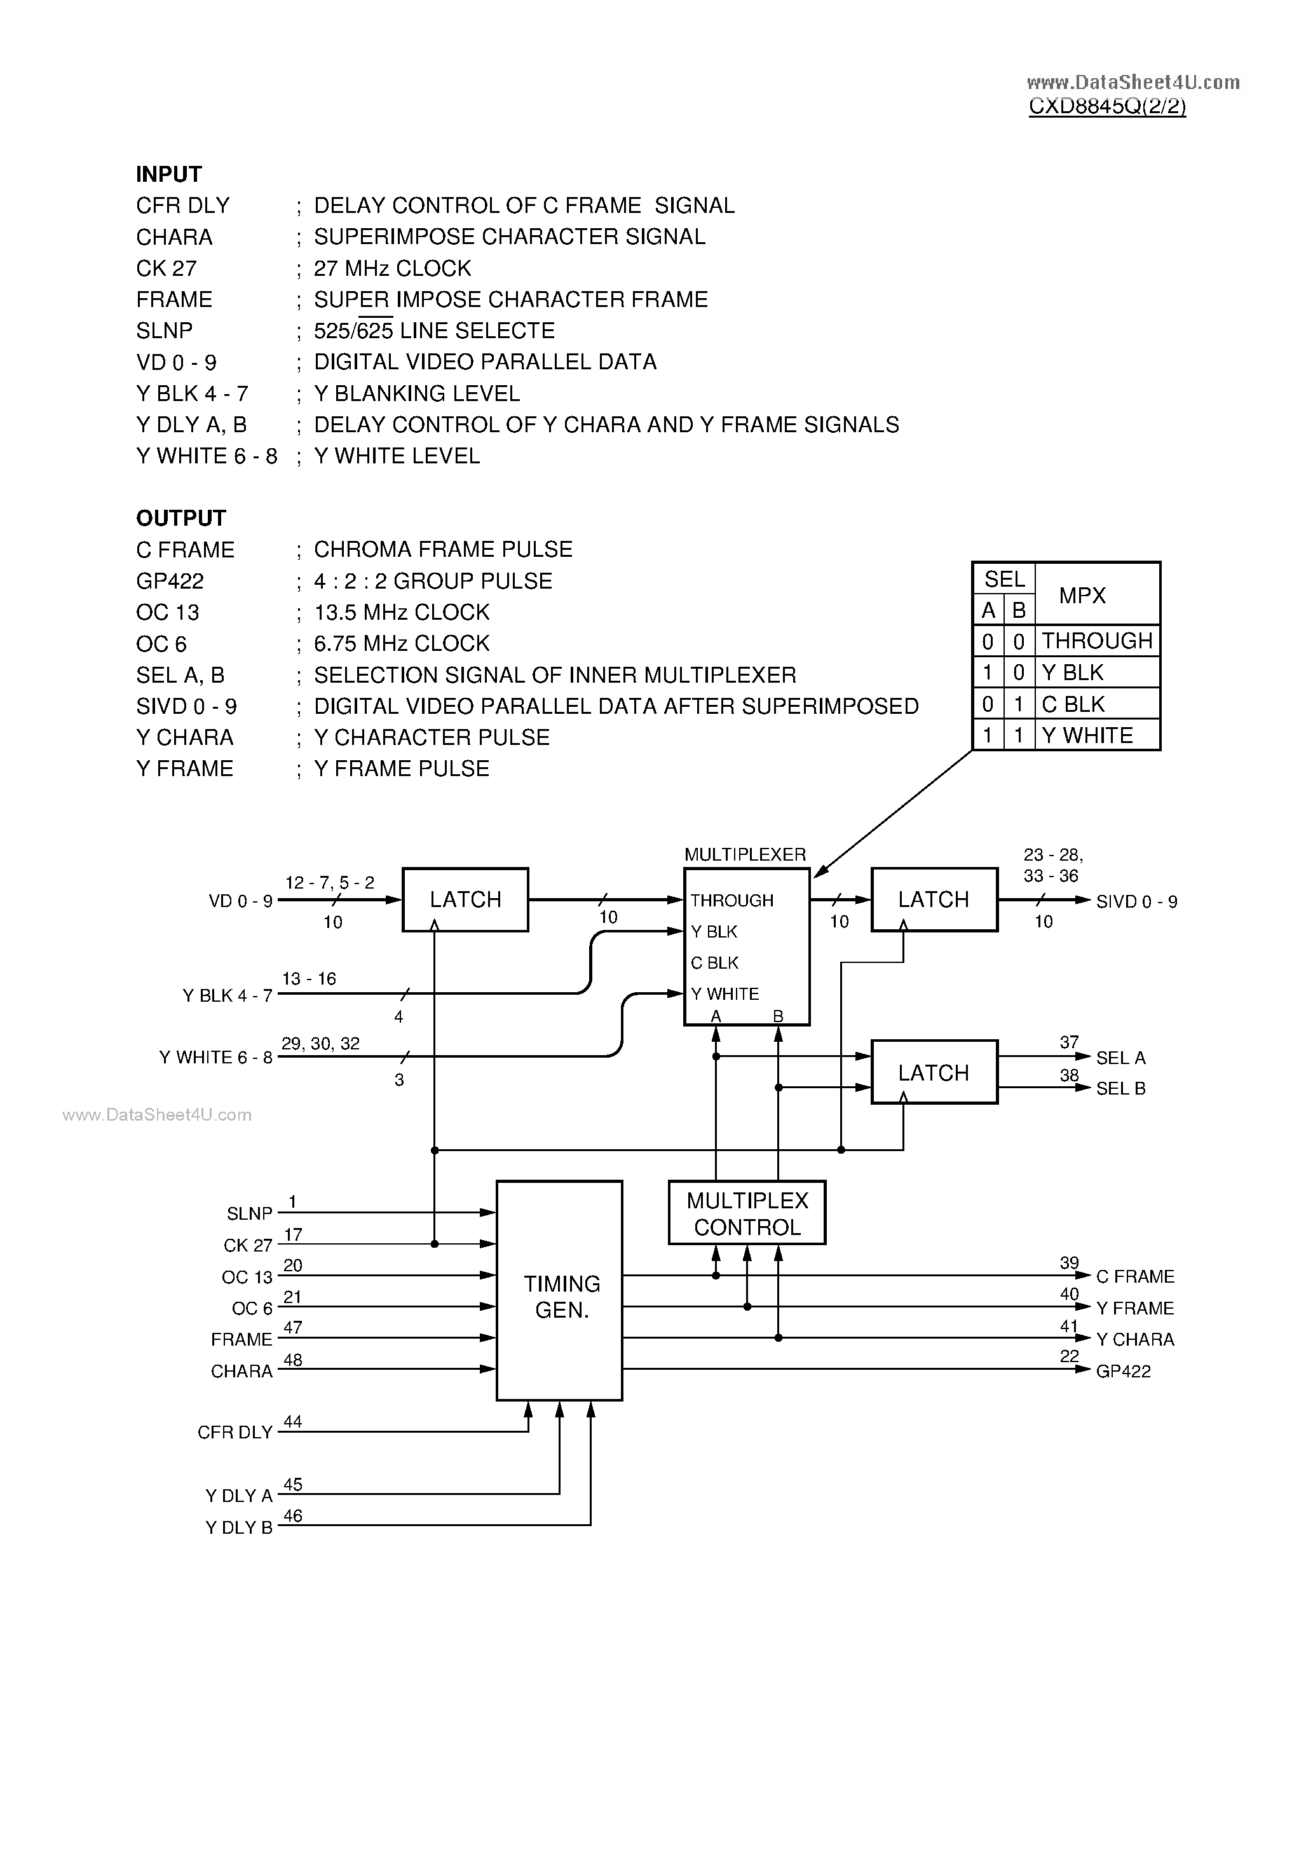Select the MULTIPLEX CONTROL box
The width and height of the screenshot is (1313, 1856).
(x=746, y=1213)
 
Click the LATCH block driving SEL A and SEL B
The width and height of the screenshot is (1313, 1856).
(x=933, y=1073)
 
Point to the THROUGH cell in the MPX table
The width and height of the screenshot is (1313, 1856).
(x=1096, y=641)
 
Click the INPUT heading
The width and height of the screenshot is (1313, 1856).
(x=168, y=175)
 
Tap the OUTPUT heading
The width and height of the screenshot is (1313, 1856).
(x=180, y=518)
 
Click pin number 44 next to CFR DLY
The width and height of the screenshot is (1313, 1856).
(x=293, y=1421)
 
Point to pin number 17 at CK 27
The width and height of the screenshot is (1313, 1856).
(x=293, y=1234)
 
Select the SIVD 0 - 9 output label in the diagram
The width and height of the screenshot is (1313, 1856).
(x=1136, y=901)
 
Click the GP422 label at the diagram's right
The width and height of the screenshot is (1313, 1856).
(x=1123, y=1371)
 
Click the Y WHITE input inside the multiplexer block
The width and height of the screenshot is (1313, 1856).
(x=725, y=994)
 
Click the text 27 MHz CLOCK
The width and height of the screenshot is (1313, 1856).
(x=392, y=268)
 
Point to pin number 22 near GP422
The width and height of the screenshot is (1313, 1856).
(x=1069, y=1356)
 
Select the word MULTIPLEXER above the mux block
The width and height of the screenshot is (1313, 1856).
(x=745, y=854)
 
